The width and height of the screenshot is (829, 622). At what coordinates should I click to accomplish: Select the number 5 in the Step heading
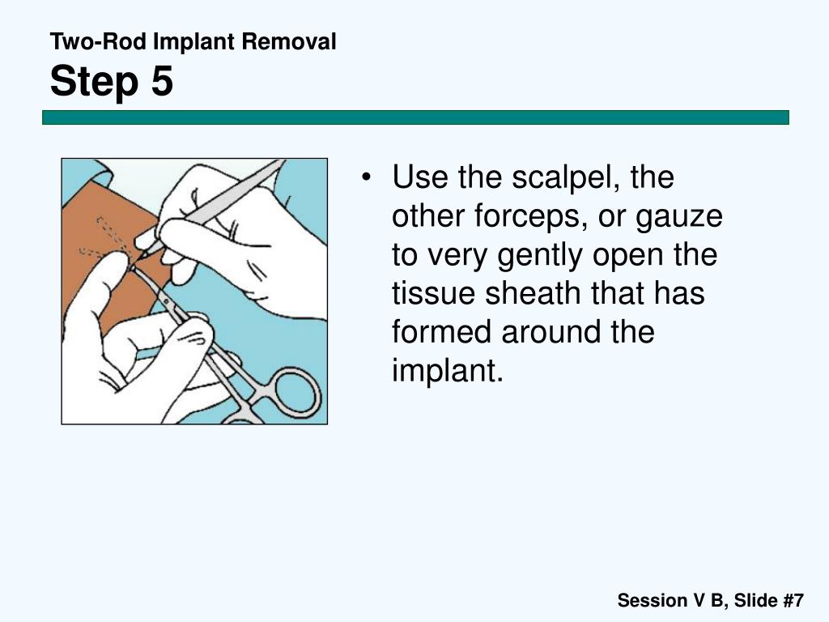pos(160,82)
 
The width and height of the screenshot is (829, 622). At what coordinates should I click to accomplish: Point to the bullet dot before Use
pos(368,177)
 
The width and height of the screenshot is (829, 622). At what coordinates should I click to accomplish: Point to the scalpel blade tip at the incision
pos(143,256)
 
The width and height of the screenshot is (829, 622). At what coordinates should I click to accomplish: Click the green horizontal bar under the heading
pos(415,117)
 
